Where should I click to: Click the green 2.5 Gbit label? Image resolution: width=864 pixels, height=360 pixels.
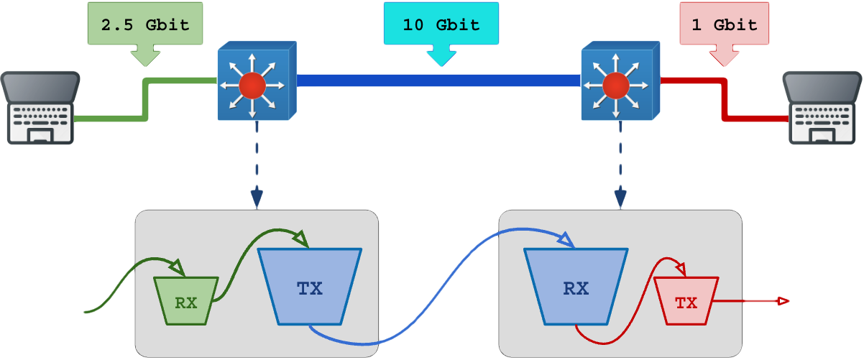point(145,24)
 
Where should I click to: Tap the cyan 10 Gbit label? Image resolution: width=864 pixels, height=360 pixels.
point(441,24)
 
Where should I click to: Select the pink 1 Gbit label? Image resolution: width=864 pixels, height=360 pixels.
point(725,24)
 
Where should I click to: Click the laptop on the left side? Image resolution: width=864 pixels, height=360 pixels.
point(40,108)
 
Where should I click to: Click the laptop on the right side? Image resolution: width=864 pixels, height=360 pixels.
point(823,108)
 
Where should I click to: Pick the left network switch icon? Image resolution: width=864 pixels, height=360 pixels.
point(255,80)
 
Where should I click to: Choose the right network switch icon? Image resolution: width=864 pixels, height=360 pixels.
point(619,80)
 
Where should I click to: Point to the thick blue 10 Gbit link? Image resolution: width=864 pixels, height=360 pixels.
point(438,80)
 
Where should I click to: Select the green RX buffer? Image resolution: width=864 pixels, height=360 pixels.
point(186,300)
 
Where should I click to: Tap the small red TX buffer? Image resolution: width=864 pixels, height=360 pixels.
point(686,301)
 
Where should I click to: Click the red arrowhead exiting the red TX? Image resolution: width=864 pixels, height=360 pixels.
point(783,301)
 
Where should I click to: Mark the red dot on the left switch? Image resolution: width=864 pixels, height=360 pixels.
point(252,86)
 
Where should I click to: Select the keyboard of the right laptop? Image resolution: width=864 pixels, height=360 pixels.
point(822,114)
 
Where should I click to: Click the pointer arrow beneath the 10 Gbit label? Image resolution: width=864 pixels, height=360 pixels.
point(441,55)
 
